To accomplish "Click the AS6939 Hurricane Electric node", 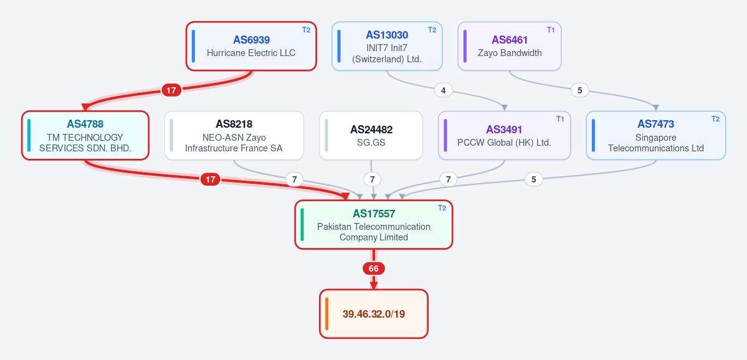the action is (251, 46).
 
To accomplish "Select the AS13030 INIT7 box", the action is (387, 46).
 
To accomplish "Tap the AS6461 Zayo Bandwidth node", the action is (509, 46).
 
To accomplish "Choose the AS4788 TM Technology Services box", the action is (85, 135).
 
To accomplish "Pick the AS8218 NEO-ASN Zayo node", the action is (234, 135).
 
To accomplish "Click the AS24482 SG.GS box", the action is (371, 135).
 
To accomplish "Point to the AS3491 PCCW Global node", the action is (504, 135).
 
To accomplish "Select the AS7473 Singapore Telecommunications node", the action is (655, 135).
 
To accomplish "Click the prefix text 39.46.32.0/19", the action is (374, 315).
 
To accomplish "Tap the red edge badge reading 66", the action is (374, 268).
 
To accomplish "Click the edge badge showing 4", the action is (444, 90).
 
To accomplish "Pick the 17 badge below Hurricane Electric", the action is (171, 90).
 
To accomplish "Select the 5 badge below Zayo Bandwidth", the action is (580, 90).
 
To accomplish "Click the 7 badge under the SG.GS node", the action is (372, 179).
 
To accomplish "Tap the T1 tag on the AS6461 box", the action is (551, 29).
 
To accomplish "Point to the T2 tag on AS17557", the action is (442, 207).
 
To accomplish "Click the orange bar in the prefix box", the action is (327, 314).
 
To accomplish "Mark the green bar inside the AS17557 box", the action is (302, 224).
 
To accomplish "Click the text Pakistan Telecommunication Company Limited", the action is (374, 232).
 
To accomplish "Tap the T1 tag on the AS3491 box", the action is (560, 119).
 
